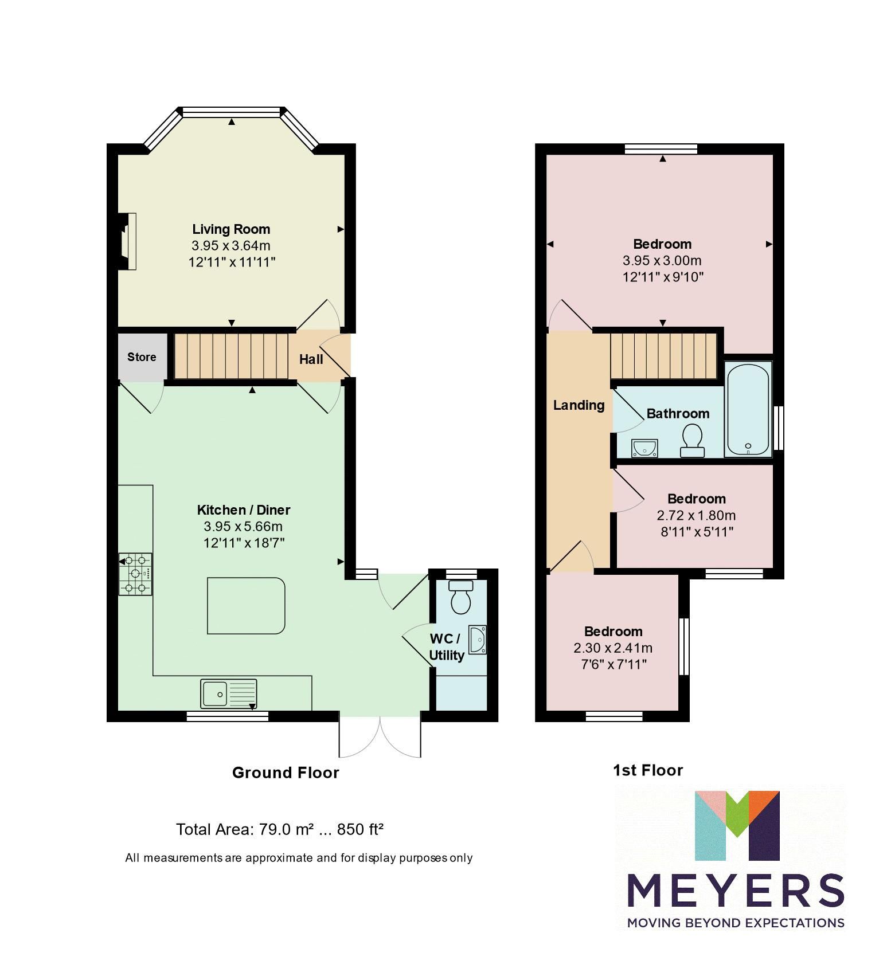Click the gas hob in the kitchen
click(x=136, y=574)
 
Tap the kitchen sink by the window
click(x=229, y=694)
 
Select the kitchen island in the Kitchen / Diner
click(x=246, y=606)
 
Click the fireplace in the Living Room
click(x=127, y=241)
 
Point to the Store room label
click(x=142, y=357)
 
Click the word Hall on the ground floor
click(x=311, y=359)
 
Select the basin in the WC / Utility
click(x=478, y=640)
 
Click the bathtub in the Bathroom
click(x=748, y=409)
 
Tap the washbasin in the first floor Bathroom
click(x=644, y=448)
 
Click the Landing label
click(x=579, y=405)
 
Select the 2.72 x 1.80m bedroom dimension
click(x=696, y=515)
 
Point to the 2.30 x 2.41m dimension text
click(x=612, y=648)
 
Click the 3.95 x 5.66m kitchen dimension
click(x=243, y=526)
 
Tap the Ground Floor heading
click(x=286, y=773)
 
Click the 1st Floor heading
click(x=648, y=770)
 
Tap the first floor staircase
click(x=663, y=355)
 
